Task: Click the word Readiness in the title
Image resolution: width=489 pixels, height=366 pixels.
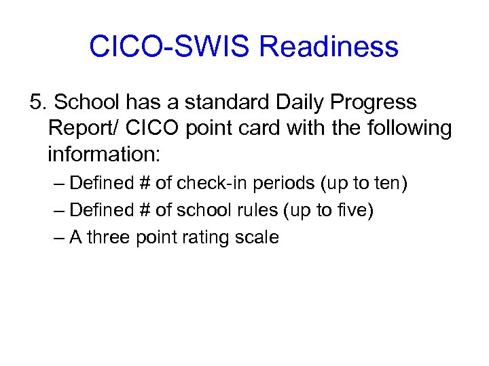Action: pyautogui.click(x=329, y=47)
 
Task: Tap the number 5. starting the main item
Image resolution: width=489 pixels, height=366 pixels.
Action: pyautogui.click(x=38, y=102)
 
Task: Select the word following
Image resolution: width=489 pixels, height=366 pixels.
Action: pyautogui.click(x=408, y=128)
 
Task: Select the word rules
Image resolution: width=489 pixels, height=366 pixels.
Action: pyautogui.click(x=255, y=210)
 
